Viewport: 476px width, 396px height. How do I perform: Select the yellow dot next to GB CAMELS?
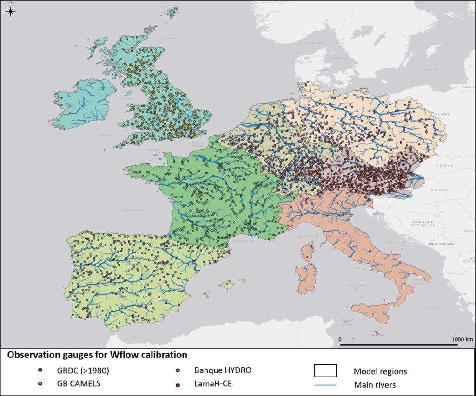40,384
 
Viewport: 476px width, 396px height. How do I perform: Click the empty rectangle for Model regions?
325,371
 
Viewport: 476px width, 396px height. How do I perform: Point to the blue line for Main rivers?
325,384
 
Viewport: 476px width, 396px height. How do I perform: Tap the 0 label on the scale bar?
340,339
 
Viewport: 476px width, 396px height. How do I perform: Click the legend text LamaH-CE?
212,384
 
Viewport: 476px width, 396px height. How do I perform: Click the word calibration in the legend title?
162,355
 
